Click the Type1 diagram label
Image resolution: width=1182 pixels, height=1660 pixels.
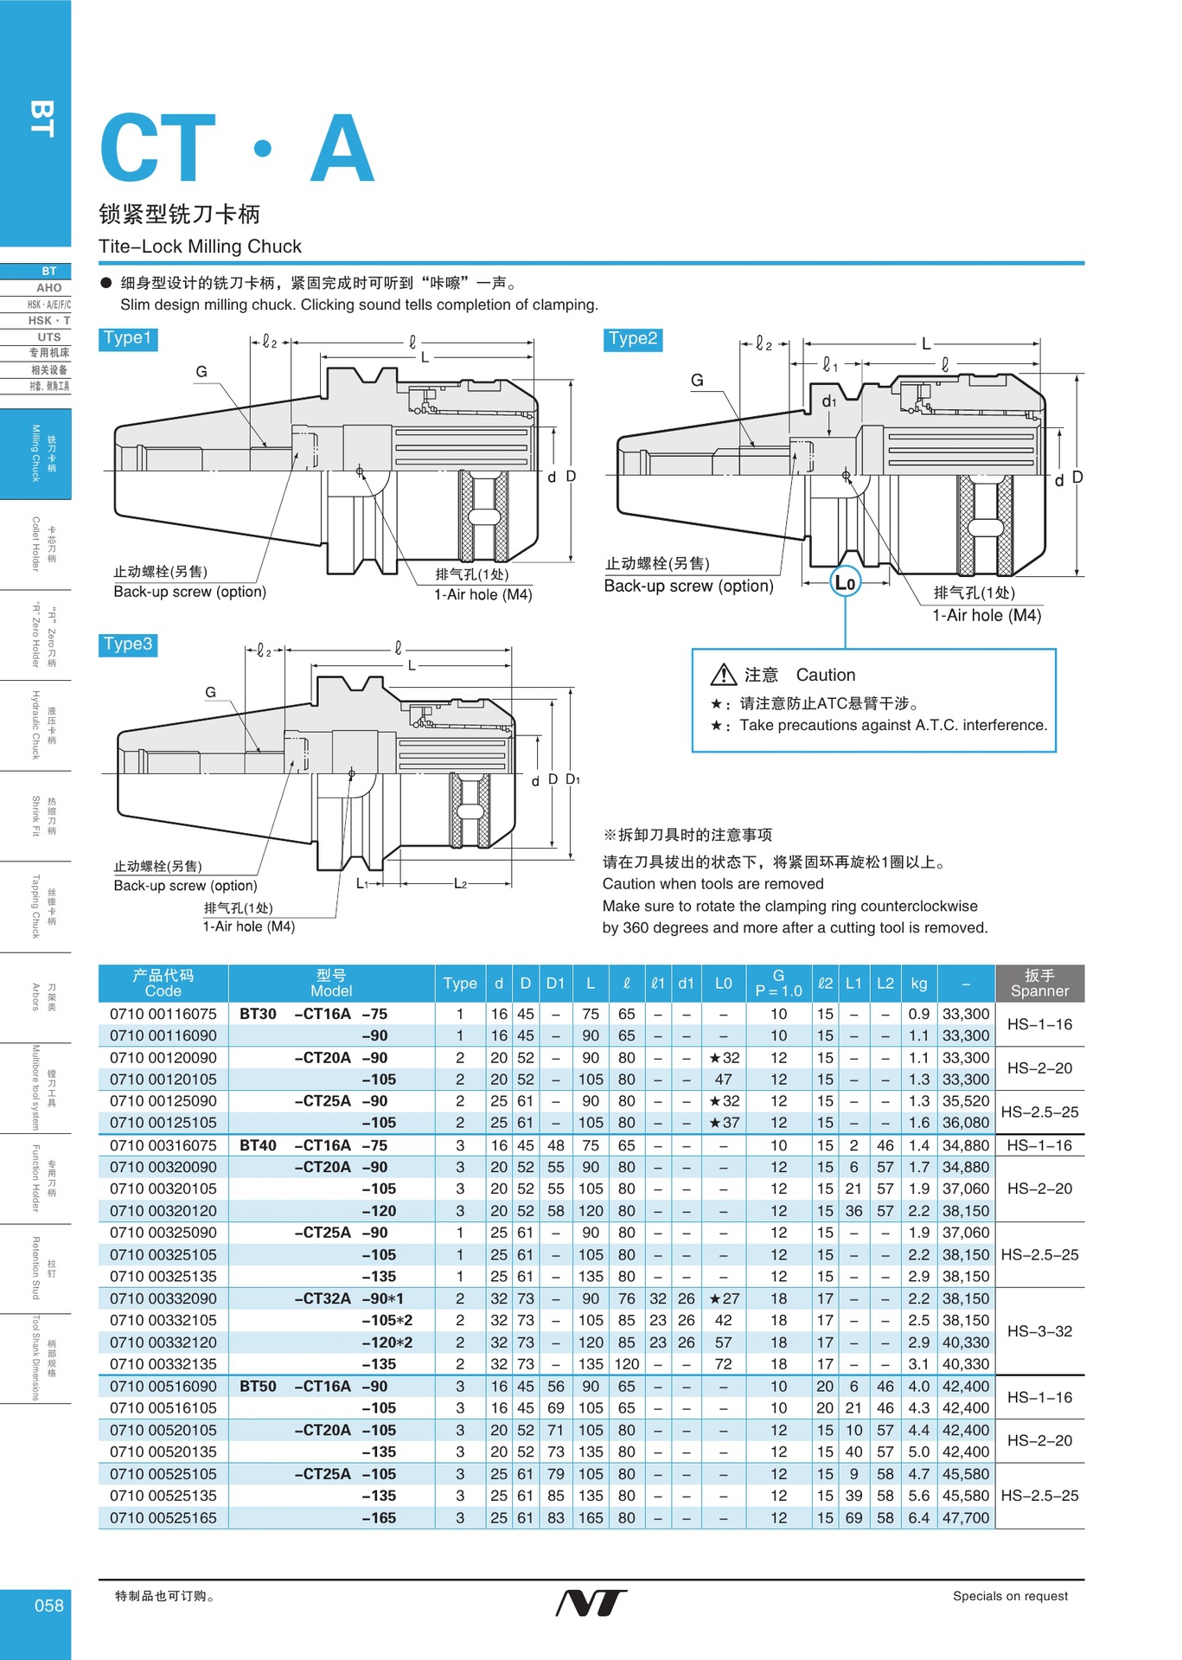[x=128, y=338]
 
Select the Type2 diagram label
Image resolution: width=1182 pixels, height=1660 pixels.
[x=632, y=339]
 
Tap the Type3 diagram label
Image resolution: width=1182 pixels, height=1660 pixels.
[x=128, y=644]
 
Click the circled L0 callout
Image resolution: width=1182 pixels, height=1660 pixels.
[x=845, y=582]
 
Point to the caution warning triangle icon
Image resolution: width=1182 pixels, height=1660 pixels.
[x=723, y=675]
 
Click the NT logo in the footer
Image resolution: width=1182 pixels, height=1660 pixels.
[x=591, y=1603]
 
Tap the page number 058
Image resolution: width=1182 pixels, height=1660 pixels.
[x=48, y=1606]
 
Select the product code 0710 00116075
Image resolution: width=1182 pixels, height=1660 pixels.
[x=163, y=1014]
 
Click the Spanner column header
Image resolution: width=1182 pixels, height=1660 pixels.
[x=1039, y=984]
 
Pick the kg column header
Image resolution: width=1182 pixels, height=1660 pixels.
[x=918, y=984]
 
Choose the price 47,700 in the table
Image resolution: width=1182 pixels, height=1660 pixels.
[x=965, y=1518]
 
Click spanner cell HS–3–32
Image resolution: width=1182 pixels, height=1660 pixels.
[x=1039, y=1331]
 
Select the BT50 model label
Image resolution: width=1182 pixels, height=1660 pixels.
[x=258, y=1387]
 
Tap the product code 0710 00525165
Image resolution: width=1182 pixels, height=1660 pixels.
[x=163, y=1518]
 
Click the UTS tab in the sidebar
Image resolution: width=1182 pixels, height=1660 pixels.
[x=48, y=337]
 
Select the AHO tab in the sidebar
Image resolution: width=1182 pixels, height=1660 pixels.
[x=48, y=288]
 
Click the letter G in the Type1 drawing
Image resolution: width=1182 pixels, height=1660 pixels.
[x=201, y=372]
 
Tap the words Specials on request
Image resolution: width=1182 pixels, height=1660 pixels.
[x=1010, y=1597]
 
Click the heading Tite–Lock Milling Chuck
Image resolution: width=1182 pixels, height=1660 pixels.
[x=200, y=247]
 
